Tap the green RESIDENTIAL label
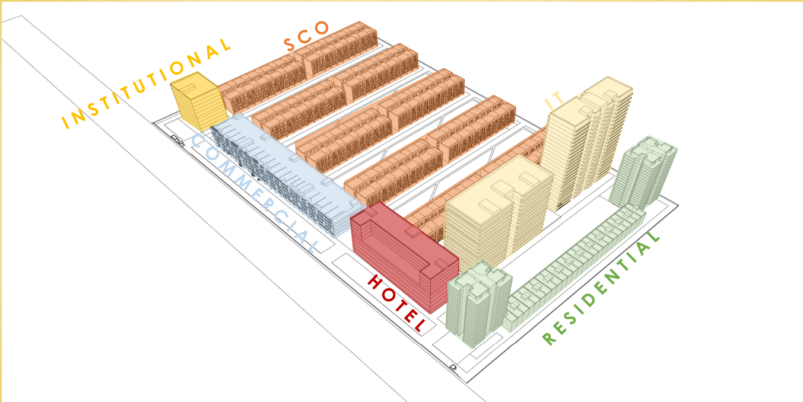click(601, 288)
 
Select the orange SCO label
click(306, 36)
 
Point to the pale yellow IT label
click(554, 101)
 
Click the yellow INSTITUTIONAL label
click(147, 83)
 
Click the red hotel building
click(404, 255)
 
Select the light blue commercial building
click(285, 178)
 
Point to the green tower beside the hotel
click(478, 302)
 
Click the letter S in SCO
click(290, 44)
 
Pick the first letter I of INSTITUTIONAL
click(66, 124)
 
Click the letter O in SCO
click(322, 28)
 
